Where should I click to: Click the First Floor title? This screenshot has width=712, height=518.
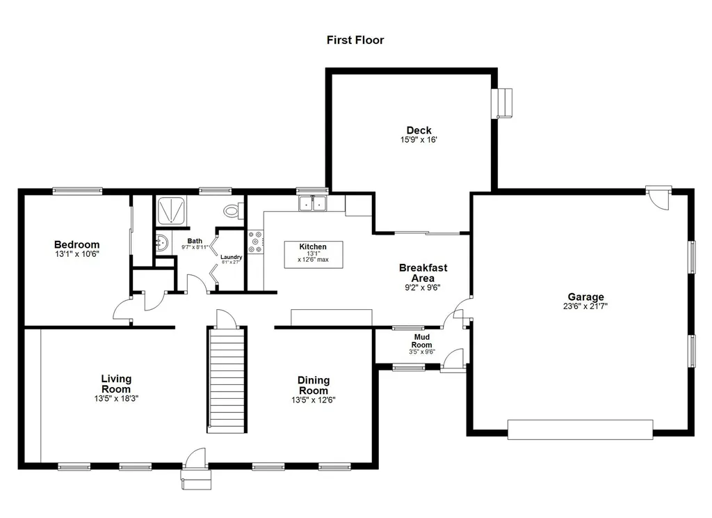(355, 40)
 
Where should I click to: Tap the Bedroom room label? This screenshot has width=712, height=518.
(76, 244)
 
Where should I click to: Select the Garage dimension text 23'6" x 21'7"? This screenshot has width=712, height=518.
(585, 306)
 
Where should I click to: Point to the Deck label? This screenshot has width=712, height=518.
(419, 130)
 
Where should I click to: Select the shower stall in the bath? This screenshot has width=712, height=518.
(171, 210)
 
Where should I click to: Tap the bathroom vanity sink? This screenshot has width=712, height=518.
(161, 242)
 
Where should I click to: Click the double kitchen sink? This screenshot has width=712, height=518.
(312, 203)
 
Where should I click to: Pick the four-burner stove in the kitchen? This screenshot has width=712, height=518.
(256, 242)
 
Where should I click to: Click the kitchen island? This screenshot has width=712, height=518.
(314, 255)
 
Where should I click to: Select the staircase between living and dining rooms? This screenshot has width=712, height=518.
(227, 379)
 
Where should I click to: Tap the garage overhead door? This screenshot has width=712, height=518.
(580, 430)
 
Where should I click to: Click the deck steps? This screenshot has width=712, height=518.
(502, 104)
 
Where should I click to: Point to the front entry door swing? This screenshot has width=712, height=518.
(195, 458)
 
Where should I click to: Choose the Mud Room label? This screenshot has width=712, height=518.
(422, 341)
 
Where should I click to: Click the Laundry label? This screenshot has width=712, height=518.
(231, 257)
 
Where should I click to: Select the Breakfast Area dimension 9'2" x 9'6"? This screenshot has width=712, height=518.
(423, 288)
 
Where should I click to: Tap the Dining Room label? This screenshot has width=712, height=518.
(314, 385)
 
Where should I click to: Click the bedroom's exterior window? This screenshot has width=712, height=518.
(77, 191)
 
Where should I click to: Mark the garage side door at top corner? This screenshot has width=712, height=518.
(659, 197)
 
